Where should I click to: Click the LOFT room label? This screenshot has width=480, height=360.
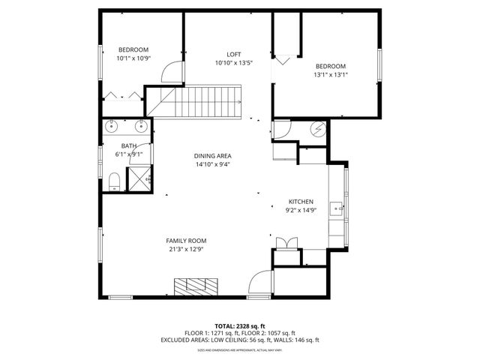pyautogui.click(x=234, y=53)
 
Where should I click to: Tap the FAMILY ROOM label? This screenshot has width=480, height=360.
pyautogui.click(x=186, y=241)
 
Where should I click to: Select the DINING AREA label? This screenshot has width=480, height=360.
pyautogui.click(x=212, y=155)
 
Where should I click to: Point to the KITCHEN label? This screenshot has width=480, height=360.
pyautogui.click(x=301, y=202)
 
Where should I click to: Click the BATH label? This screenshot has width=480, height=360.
pyautogui.click(x=129, y=145)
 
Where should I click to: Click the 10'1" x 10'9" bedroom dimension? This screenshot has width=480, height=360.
pyautogui.click(x=133, y=58)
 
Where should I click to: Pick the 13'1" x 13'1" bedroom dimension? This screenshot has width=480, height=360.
pyautogui.click(x=331, y=74)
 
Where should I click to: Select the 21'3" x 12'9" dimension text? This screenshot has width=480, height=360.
pyautogui.click(x=186, y=249)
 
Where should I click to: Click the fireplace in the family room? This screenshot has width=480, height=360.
pyautogui.click(x=196, y=285)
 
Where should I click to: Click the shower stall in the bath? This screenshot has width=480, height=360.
pyautogui.click(x=140, y=178)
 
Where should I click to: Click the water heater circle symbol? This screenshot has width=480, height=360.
pyautogui.click(x=318, y=129)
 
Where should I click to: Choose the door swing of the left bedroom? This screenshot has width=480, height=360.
pyautogui.click(x=172, y=71)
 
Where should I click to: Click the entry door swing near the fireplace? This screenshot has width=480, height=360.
pyautogui.click(x=259, y=282)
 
